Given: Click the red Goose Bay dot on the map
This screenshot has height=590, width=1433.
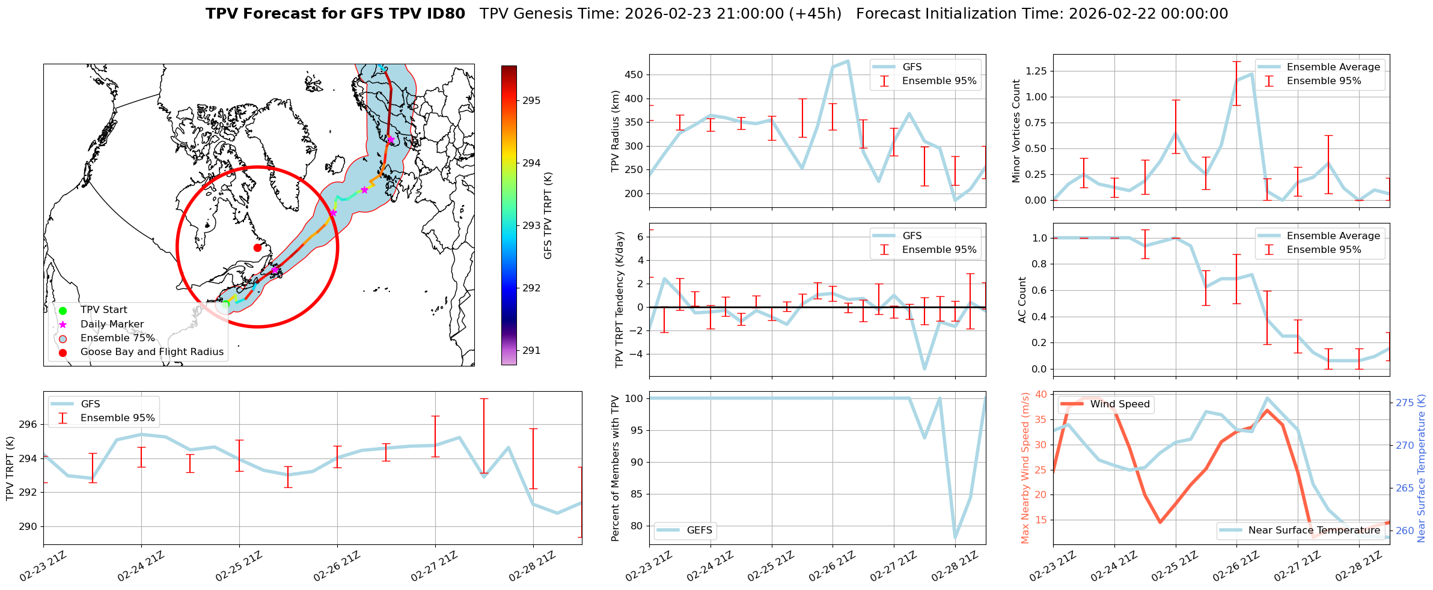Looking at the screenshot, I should (x=257, y=248).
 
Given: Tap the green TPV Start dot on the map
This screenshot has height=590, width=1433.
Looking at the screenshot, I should (x=225, y=305).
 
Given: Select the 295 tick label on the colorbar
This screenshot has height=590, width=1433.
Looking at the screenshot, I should (x=531, y=101).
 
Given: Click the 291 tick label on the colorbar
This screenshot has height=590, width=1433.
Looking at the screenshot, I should (x=531, y=351).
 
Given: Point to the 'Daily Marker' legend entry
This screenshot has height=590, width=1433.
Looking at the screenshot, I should (x=112, y=324).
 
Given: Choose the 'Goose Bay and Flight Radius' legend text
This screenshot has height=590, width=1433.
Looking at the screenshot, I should (x=151, y=352).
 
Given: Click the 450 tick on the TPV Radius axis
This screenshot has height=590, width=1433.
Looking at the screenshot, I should (x=635, y=75).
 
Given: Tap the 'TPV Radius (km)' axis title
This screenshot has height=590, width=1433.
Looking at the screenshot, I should (x=616, y=131).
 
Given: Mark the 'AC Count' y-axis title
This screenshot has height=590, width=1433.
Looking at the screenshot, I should (x=1022, y=300).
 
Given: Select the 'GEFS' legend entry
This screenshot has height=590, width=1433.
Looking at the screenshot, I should (x=699, y=531).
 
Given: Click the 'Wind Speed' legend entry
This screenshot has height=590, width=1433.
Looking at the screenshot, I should (x=1120, y=404).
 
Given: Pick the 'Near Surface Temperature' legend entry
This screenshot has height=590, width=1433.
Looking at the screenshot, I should (x=1314, y=531).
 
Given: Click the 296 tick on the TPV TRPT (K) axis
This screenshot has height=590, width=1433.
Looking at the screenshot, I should (x=28, y=425).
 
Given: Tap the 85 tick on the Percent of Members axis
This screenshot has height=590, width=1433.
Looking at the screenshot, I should (x=635, y=494).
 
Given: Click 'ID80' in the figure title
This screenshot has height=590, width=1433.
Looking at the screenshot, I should (x=444, y=14).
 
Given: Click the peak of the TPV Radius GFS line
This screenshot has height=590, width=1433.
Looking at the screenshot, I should (x=848, y=61).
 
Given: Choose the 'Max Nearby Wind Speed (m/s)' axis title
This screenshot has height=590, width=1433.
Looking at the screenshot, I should (x=1025, y=468).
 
